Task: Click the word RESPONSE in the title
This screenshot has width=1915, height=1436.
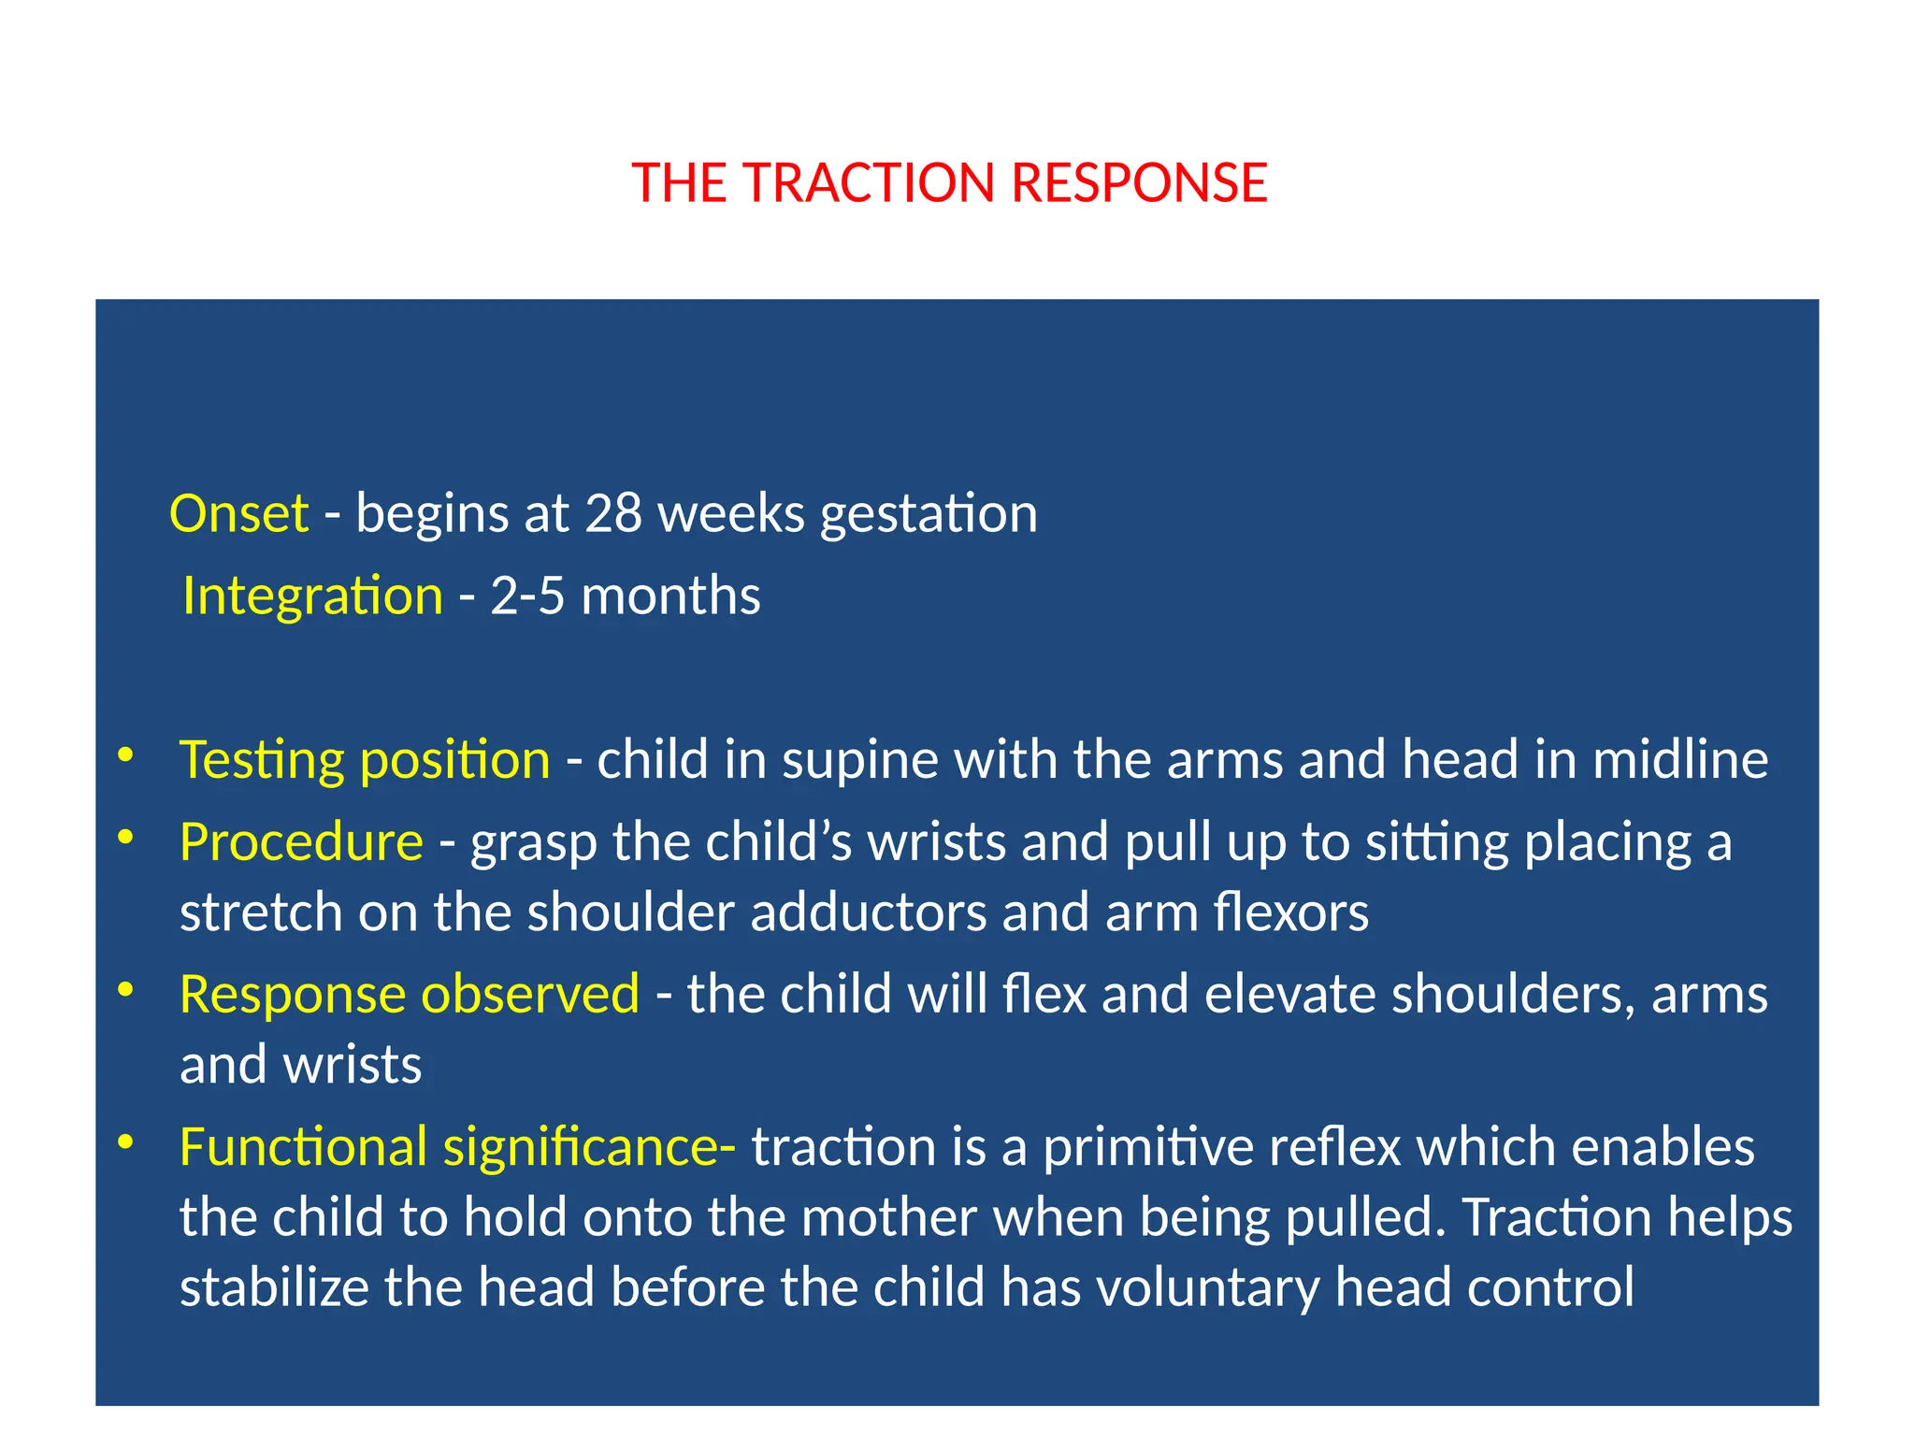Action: click(1139, 182)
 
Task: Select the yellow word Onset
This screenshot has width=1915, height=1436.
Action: click(238, 513)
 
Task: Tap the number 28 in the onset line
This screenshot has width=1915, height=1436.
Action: click(613, 513)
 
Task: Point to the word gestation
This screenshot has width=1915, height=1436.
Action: click(929, 515)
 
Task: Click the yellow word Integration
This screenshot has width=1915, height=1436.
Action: click(312, 596)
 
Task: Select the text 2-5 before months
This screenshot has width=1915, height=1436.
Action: click(527, 596)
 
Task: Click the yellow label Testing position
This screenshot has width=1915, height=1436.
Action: click(365, 759)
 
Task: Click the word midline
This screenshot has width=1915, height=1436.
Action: click(1680, 759)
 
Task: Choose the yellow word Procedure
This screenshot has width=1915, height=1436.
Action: click(301, 841)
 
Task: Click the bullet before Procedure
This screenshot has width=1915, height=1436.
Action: click(125, 837)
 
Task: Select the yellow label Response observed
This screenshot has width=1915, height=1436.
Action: click(410, 994)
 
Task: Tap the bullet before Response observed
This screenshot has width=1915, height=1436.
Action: click(125, 989)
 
